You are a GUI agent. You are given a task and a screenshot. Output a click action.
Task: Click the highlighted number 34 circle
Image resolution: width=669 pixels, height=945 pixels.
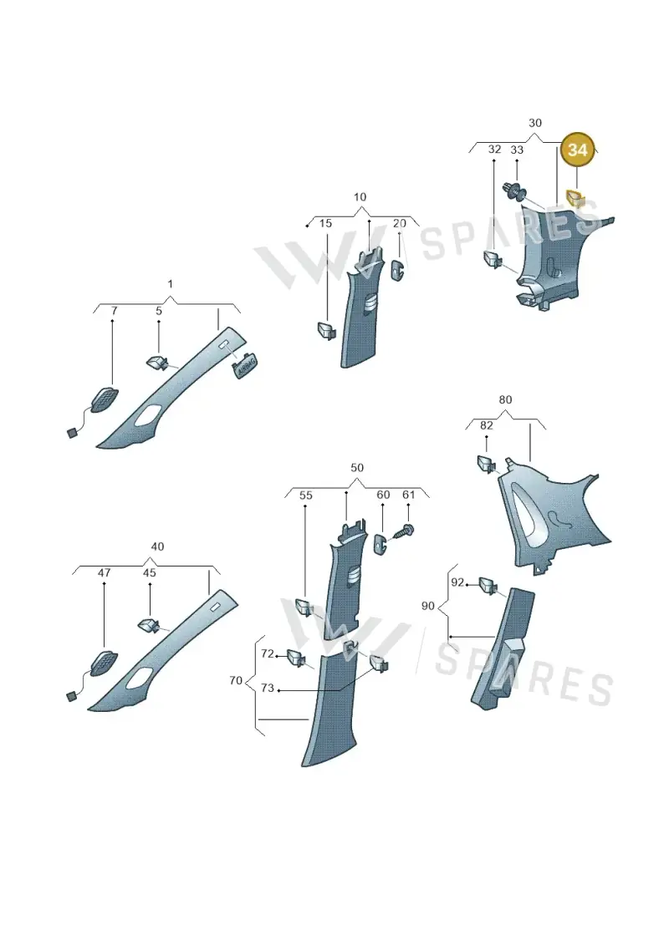577,150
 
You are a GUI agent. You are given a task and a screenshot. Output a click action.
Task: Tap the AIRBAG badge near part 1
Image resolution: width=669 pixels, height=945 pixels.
245,364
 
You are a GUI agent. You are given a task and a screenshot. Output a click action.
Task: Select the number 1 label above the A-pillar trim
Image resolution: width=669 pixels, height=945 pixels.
170,283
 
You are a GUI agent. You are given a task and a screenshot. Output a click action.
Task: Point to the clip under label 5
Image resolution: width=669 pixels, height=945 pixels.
159,363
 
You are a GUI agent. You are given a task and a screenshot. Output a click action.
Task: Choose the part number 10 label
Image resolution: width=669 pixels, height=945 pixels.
360,196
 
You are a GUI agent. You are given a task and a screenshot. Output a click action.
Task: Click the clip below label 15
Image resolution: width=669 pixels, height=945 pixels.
327,331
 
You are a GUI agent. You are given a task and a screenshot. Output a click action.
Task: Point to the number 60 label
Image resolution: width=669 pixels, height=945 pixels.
383,494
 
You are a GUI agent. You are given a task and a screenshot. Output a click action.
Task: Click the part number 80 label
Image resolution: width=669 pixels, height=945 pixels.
506,399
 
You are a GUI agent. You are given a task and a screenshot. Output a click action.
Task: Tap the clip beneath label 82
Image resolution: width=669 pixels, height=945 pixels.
486,464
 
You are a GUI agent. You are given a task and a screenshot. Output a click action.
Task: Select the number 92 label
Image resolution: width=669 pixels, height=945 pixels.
457,582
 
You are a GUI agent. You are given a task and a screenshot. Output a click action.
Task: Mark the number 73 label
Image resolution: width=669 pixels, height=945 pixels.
268,688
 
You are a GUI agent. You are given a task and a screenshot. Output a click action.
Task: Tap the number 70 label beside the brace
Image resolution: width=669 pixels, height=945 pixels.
236,680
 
